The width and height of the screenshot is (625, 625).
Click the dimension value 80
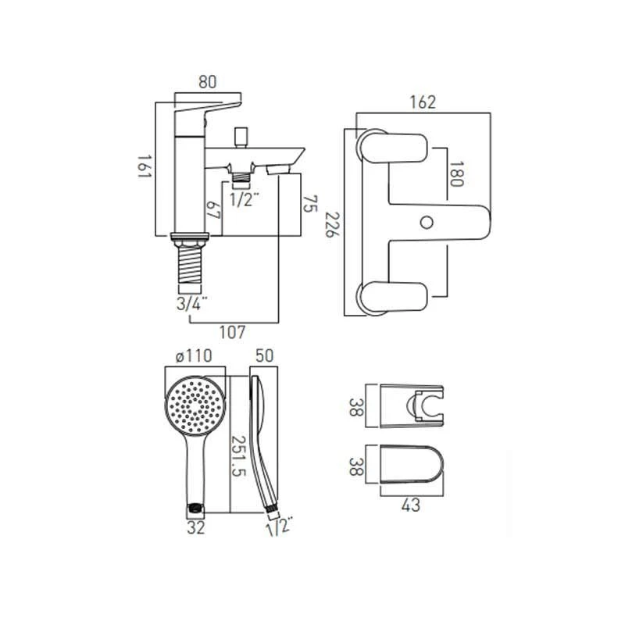pos(207,82)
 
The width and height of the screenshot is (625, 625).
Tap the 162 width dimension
pos(423,102)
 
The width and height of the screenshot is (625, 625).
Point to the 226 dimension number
pos(332,224)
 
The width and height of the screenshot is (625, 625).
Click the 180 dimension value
pos(456,174)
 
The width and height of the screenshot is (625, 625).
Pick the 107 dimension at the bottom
pos(232,333)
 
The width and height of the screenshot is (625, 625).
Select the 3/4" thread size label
pos(192,304)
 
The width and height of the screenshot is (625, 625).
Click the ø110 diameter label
pos(194,356)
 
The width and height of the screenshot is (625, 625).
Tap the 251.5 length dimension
pos(239,455)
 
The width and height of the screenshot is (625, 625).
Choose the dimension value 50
pos(265,355)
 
